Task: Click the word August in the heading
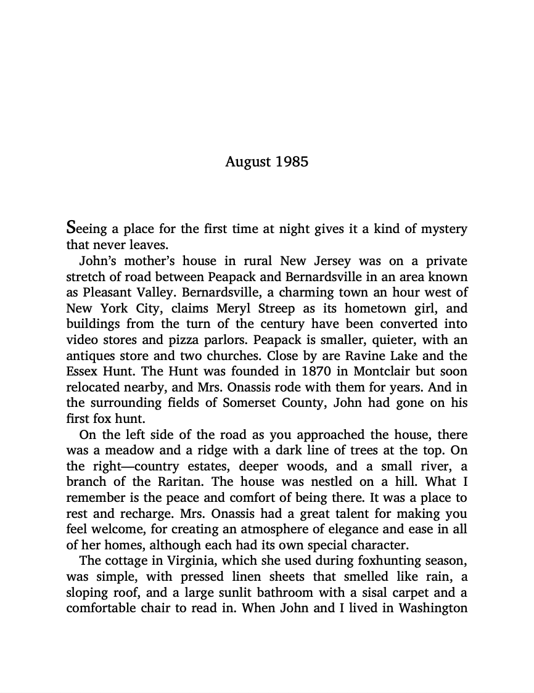pyautogui.click(x=248, y=162)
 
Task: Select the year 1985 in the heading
pyautogui.click(x=291, y=162)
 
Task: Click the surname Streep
pyautogui.click(x=288, y=309)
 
